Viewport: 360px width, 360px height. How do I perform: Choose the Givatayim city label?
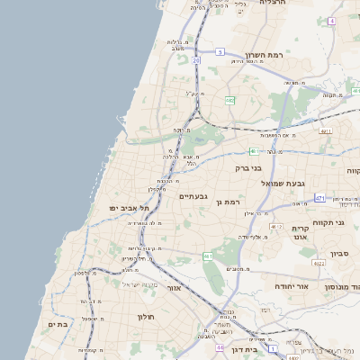[193, 196]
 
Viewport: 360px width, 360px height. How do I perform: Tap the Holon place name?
[146, 317]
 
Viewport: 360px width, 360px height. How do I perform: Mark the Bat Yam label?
[59, 324]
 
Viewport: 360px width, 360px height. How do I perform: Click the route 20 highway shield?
[195, 60]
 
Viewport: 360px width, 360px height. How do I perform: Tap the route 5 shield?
[219, 52]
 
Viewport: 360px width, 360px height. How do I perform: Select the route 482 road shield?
[230, 100]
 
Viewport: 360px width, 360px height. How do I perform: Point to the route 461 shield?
[208, 256]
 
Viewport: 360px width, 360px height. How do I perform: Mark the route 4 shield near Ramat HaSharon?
[331, 20]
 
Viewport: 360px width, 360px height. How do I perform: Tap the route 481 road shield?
[255, 151]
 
